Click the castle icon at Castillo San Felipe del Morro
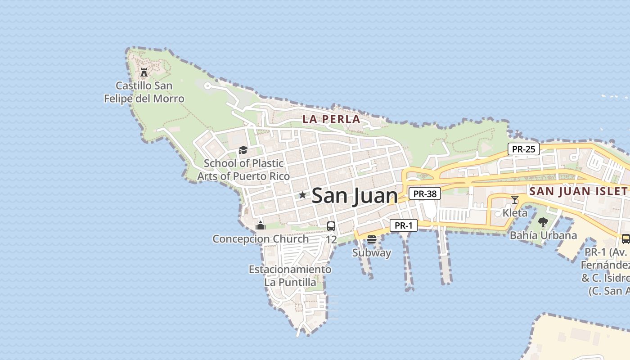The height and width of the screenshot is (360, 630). [x=144, y=72]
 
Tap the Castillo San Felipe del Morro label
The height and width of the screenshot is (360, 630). [x=144, y=92]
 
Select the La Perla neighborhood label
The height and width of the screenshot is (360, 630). [x=331, y=119]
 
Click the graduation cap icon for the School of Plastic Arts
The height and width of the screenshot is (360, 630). [x=243, y=150]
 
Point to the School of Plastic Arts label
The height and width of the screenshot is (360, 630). [x=243, y=169]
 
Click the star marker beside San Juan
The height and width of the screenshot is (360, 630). [x=302, y=195]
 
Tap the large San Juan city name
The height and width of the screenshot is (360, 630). [x=355, y=196]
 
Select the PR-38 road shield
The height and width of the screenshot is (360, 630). [x=425, y=194]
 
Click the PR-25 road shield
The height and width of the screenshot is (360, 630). [x=524, y=149]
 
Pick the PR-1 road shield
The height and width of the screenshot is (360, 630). [x=403, y=225]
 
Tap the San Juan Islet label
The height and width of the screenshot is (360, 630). [x=578, y=191]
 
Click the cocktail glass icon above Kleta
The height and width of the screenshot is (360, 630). [x=515, y=199]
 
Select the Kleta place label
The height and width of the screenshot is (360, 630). [x=515, y=212]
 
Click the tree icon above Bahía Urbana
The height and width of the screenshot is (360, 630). [x=543, y=222]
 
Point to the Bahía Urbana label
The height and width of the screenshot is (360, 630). [x=543, y=235]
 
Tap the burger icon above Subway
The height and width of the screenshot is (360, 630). [x=371, y=239]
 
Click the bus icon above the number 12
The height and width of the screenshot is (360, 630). [x=331, y=226]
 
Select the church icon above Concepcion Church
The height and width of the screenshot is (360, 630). [x=261, y=226]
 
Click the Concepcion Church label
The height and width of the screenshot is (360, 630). [x=261, y=239]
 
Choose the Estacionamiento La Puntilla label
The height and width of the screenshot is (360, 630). [x=290, y=276]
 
